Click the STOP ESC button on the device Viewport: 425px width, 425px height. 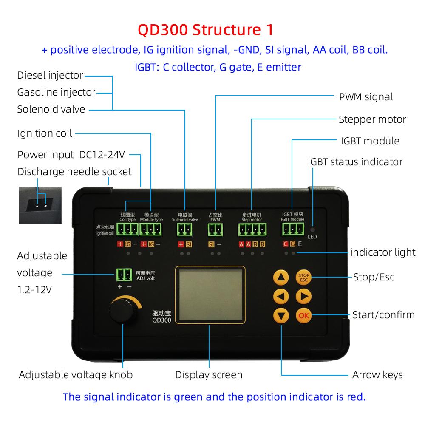click(303, 277)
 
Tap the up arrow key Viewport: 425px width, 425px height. click(280, 278)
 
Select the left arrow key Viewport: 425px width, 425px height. click(280, 297)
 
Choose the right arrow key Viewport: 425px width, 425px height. click(303, 297)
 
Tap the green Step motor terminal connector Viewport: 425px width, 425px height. click(251, 229)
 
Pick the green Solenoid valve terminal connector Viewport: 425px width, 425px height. click(185, 229)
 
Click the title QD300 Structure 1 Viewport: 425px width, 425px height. click(206, 30)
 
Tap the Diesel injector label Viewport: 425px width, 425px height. click(50, 76)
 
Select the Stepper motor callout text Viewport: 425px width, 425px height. click(372, 119)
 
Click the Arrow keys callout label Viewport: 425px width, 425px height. click(377, 375)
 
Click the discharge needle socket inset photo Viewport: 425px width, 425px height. click(40, 205)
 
